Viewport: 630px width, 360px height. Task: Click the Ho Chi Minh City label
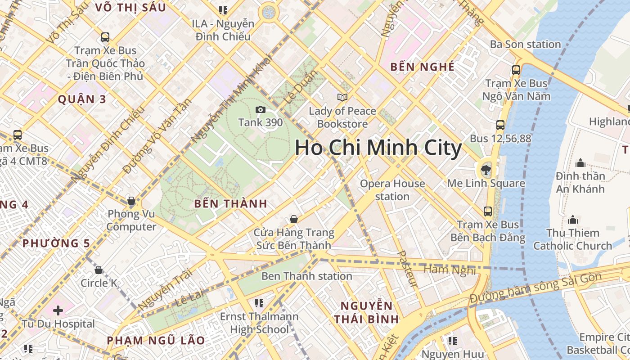pyautogui.click(x=378, y=148)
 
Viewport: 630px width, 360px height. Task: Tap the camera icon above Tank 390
pyautogui.click(x=260, y=109)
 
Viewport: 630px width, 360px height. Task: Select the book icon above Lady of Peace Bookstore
pyautogui.click(x=342, y=97)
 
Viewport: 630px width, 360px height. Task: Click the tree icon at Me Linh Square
pyautogui.click(x=486, y=170)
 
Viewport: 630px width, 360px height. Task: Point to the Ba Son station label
pyautogui.click(x=525, y=44)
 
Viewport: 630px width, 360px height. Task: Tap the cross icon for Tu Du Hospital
pyautogui.click(x=58, y=310)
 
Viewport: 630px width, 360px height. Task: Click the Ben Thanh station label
pyautogui.click(x=306, y=276)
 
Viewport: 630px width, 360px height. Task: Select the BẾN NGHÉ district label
pyautogui.click(x=422, y=67)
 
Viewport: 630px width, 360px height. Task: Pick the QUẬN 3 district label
pyautogui.click(x=82, y=99)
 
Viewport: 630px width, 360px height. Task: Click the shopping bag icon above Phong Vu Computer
pyautogui.click(x=131, y=200)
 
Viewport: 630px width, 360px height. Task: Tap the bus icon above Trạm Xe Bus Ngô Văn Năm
pyautogui.click(x=516, y=70)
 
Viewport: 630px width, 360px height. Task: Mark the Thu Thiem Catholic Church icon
pyautogui.click(x=573, y=220)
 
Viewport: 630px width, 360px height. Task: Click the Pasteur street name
pyautogui.click(x=408, y=269)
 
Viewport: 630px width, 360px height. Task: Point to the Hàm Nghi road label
pyautogui.click(x=450, y=270)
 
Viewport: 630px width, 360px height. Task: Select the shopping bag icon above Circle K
pyautogui.click(x=99, y=270)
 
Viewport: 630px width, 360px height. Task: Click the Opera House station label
pyautogui.click(x=392, y=190)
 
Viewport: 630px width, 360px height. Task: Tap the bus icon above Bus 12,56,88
pyautogui.click(x=500, y=125)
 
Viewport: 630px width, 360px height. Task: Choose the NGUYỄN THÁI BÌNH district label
pyautogui.click(x=366, y=312)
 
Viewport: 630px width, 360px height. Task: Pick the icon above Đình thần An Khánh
pyautogui.click(x=580, y=162)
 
